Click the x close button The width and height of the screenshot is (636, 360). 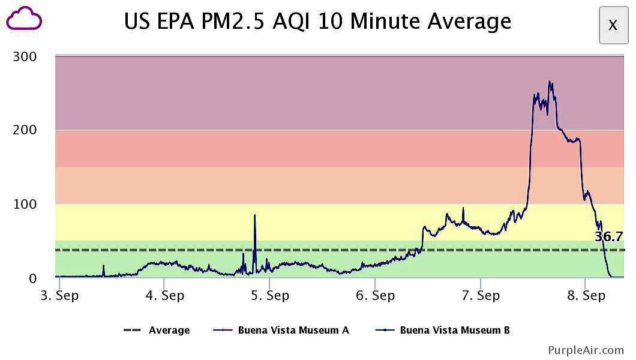[613, 25]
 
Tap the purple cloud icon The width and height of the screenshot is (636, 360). [24, 19]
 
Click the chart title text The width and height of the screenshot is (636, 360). [317, 22]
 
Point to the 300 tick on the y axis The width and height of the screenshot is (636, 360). [25, 57]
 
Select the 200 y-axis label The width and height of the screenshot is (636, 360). [25, 130]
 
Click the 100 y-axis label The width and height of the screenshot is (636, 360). [25, 205]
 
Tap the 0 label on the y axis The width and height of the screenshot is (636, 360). [32, 278]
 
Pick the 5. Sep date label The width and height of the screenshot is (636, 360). [269, 296]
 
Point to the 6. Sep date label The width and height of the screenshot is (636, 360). [375, 296]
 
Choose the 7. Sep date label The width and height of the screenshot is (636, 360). [481, 296]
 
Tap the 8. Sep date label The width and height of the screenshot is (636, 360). [586, 296]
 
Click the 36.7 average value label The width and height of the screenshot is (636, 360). [608, 237]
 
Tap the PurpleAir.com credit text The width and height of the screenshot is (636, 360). [586, 350]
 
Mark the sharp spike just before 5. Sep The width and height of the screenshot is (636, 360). [254, 215]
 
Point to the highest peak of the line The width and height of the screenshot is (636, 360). [549, 82]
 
